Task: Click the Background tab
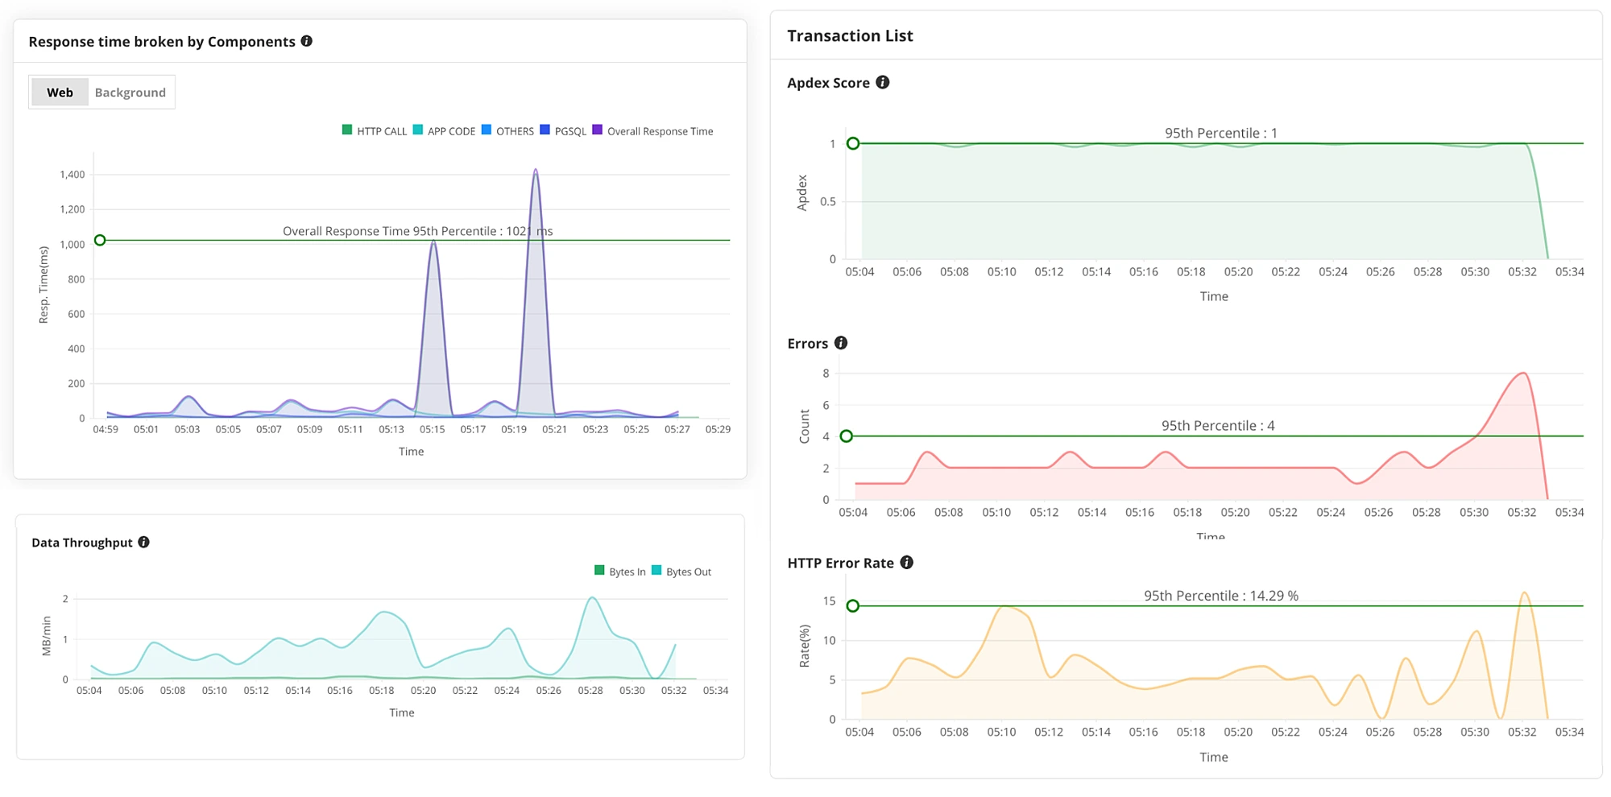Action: pos(130,93)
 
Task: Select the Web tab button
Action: pos(60,93)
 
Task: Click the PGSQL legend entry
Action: pos(564,131)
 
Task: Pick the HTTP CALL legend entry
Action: pos(375,131)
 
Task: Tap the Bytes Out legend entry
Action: pos(681,572)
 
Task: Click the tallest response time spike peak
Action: pos(536,170)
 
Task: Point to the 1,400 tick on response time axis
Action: pos(72,175)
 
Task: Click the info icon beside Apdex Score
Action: pos(883,82)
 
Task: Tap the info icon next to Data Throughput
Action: pos(143,542)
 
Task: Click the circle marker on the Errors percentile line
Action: pos(846,436)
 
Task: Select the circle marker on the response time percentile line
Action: pos(100,240)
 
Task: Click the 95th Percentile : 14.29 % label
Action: pos(1220,596)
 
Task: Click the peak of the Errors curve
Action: pos(1522,373)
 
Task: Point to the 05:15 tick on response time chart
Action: pos(432,429)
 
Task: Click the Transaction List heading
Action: pos(850,35)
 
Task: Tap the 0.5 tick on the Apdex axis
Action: pos(827,201)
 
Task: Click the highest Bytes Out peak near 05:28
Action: pos(592,597)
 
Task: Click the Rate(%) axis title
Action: pos(804,646)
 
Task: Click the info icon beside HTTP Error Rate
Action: pos(907,562)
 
